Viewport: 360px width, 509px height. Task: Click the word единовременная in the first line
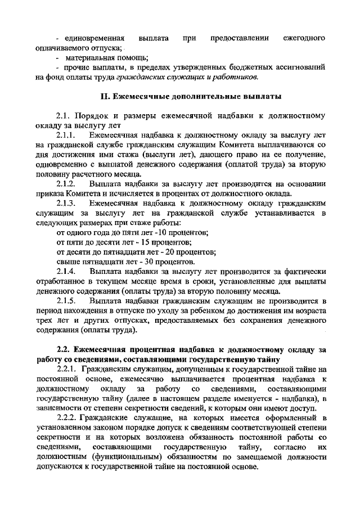pos(93,38)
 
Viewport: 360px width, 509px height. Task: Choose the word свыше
pos(69,262)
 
